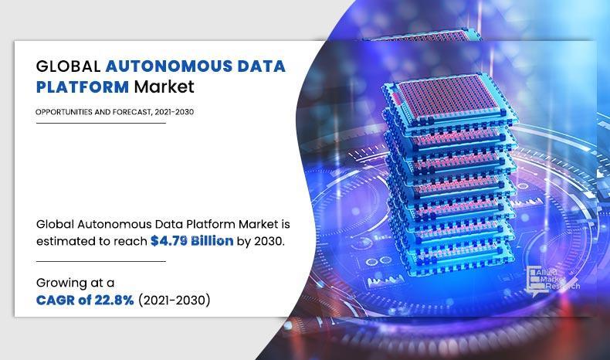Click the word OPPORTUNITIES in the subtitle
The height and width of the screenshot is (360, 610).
(x=63, y=111)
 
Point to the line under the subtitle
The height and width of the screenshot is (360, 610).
(x=100, y=123)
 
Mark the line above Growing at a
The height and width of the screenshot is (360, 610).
(x=100, y=261)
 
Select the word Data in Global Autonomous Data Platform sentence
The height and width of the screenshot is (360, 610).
(x=156, y=223)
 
